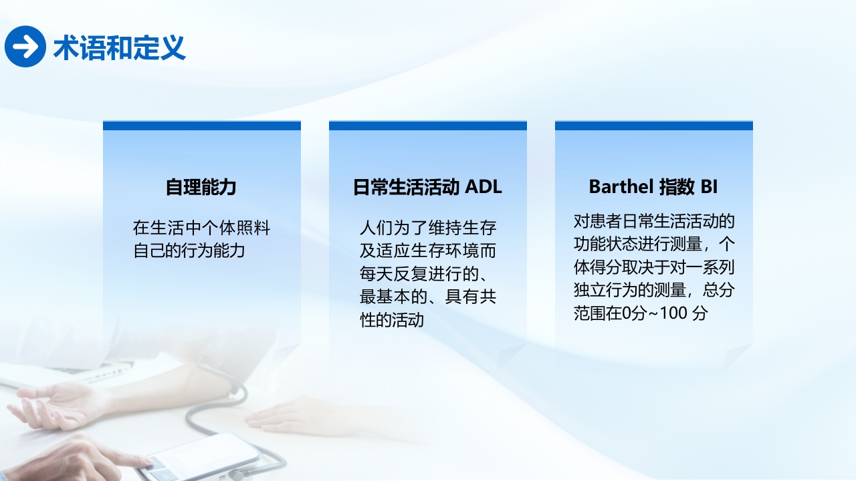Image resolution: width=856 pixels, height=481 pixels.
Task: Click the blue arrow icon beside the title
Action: click(25, 47)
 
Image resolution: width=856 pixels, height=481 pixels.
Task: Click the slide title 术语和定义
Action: click(119, 47)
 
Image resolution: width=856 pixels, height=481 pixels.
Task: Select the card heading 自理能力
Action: click(201, 187)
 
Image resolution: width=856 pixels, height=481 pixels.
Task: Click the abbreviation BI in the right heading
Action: click(709, 187)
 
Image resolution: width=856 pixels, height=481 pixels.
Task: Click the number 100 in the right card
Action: click(674, 313)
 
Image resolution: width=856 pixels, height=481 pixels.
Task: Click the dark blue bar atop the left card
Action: click(202, 126)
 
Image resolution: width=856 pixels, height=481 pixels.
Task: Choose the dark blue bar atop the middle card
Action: click(428, 126)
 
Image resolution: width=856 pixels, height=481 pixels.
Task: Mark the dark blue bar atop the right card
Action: click(654, 126)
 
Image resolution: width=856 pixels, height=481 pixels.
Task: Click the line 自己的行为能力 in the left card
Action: click(189, 251)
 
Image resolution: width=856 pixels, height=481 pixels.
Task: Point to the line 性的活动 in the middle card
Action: click(392, 320)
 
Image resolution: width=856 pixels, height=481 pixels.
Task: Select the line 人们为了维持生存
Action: click(428, 228)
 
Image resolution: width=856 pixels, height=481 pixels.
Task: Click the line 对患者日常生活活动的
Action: click(654, 221)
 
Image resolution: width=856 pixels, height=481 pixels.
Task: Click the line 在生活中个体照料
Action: click(201, 228)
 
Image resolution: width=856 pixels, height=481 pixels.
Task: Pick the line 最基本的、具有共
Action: click(428, 297)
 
